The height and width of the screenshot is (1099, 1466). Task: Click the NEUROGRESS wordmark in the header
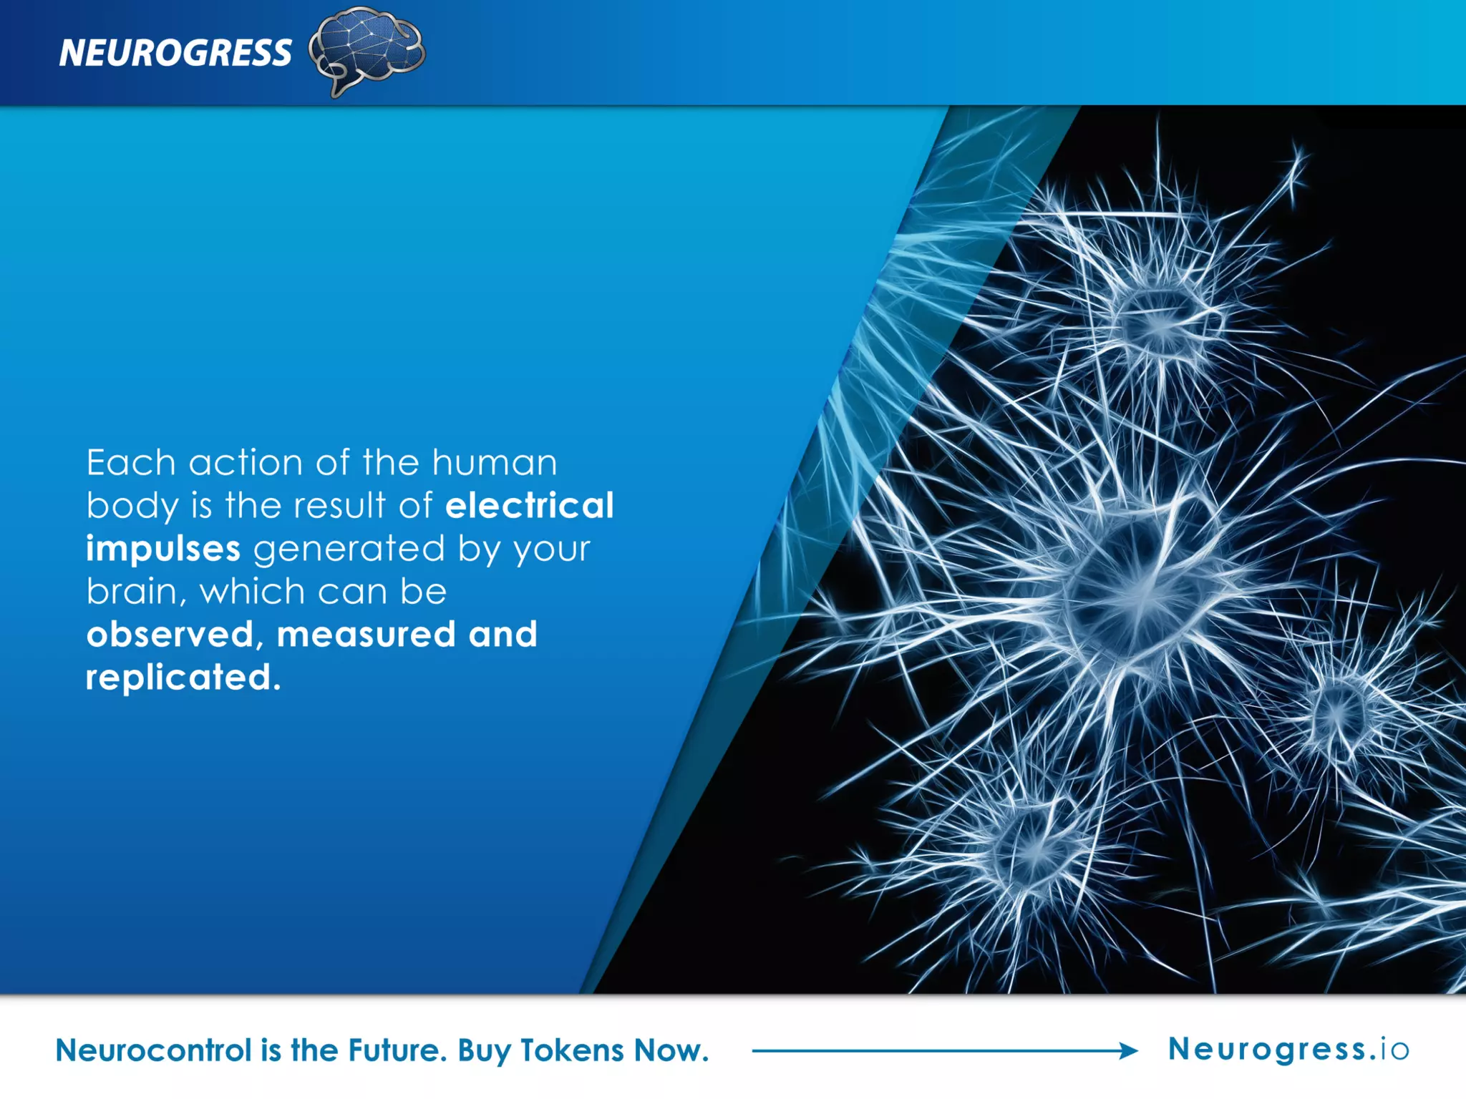(175, 53)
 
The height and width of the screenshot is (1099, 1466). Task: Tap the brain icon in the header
(367, 50)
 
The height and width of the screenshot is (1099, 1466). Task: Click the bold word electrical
(529, 505)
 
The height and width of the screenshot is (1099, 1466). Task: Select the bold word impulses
(163, 549)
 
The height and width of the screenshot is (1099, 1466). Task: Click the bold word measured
(366, 635)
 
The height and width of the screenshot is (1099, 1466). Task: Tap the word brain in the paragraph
(132, 592)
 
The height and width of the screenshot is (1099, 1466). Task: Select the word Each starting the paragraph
(131, 462)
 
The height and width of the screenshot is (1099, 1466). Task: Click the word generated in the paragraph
(349, 549)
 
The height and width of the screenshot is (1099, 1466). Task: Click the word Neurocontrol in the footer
(154, 1050)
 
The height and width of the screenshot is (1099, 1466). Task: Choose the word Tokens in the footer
(572, 1050)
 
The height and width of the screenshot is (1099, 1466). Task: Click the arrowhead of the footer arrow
(1130, 1050)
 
